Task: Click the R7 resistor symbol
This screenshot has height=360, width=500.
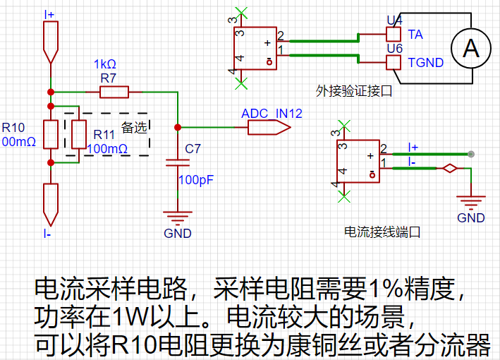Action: [114, 92]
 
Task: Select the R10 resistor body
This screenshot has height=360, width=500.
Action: [51, 134]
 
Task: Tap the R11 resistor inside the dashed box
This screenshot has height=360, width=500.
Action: [79, 134]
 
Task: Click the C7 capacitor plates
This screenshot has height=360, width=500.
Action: [178, 163]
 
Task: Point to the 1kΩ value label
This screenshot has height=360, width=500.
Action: [105, 64]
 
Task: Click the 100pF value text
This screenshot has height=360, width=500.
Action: [196, 180]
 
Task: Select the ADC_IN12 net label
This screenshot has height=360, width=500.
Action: [272, 114]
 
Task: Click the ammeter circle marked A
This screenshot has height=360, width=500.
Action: [471, 48]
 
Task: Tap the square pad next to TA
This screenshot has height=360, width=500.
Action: [394, 34]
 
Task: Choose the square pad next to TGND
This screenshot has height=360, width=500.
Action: [394, 62]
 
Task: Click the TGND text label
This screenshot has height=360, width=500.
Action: [426, 63]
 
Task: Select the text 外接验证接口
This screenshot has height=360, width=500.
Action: [354, 91]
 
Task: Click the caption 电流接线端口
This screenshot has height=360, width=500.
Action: [382, 232]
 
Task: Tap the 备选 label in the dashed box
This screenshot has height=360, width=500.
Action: [134, 128]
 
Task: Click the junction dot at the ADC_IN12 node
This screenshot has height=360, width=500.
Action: [178, 127]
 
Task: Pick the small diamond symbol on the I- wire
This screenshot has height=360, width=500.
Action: [450, 168]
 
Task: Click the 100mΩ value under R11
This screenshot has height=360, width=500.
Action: [107, 149]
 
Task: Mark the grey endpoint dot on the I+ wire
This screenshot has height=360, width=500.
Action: [471, 154]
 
